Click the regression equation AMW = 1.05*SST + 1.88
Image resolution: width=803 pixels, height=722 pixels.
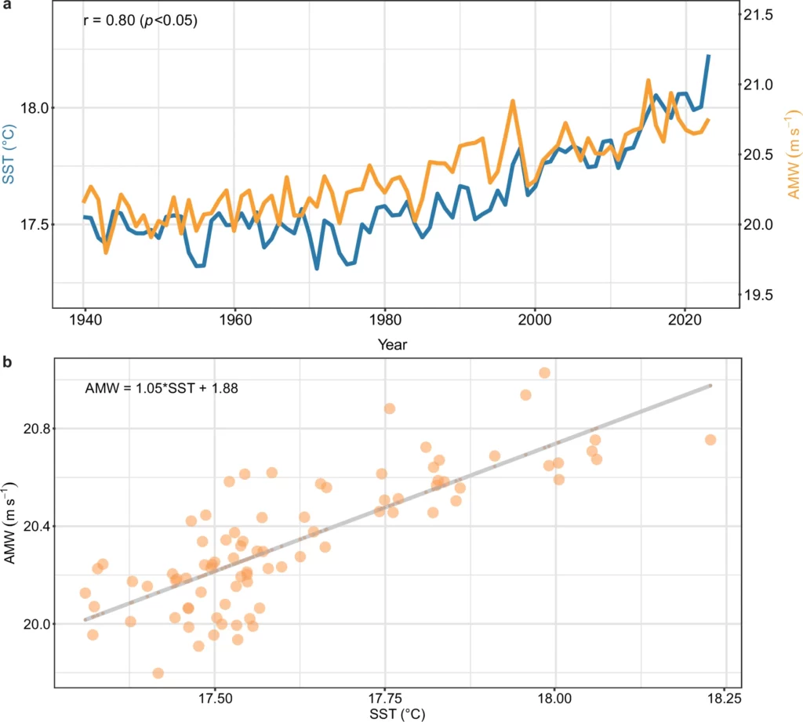[x=155, y=386]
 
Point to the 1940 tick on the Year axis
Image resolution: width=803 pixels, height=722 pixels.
[x=83, y=321]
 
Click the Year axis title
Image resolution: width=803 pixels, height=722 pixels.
[x=392, y=343]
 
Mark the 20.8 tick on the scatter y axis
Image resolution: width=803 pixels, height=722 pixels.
[x=32, y=429]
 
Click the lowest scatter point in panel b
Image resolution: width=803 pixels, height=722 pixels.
[x=158, y=673]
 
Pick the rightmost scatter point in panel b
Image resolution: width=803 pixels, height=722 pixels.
[x=710, y=440]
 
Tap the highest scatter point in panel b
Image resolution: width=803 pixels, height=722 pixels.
[x=544, y=372]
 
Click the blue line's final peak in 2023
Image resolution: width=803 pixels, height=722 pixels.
[x=708, y=56]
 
